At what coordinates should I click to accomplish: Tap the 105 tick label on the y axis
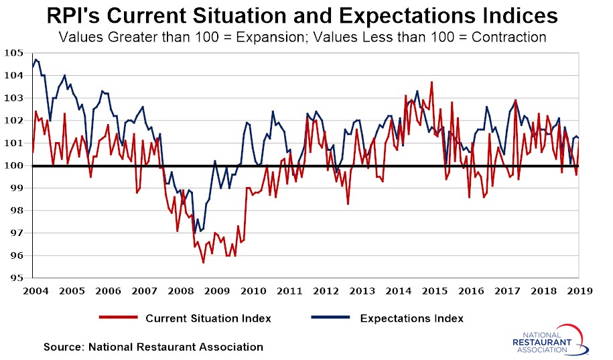click(15, 53)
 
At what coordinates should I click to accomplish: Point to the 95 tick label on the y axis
click(17, 278)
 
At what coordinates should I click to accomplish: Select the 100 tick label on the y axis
click(15, 166)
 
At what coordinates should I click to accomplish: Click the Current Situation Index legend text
click(208, 318)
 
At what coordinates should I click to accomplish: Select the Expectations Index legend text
click(411, 318)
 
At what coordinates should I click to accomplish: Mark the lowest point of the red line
click(203, 262)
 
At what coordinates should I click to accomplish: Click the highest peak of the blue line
click(36, 60)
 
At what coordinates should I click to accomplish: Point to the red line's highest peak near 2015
click(431, 82)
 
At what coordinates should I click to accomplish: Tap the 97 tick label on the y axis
click(17, 233)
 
